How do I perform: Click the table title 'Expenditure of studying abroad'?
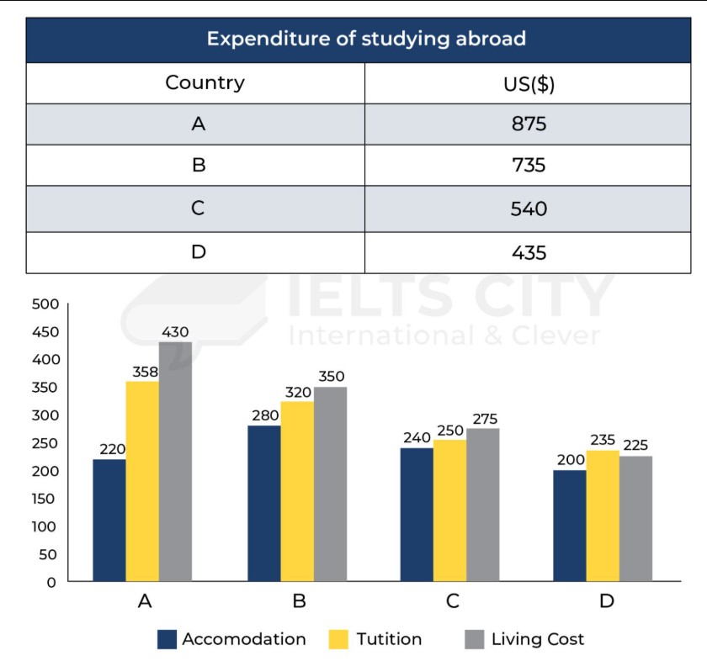[366, 39]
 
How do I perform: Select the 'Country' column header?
[205, 83]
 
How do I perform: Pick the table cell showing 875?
[528, 124]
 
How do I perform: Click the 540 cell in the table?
[528, 208]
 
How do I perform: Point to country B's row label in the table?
[199, 166]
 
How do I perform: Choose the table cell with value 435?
[528, 251]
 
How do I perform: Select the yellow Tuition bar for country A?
[142, 481]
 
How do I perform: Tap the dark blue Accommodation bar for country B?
[263, 503]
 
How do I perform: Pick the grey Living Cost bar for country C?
[482, 505]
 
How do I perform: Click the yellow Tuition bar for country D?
[603, 515]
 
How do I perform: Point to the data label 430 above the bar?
[175, 332]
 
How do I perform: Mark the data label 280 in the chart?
[263, 415]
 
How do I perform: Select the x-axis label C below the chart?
[453, 601]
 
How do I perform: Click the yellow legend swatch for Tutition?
[338, 639]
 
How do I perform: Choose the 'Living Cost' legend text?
[537, 639]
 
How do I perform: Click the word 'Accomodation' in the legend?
[244, 639]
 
